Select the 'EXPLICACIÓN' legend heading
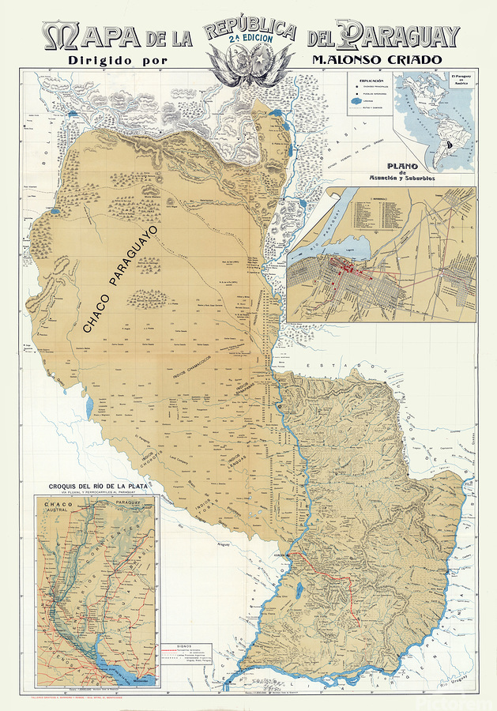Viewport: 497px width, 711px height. point(370,81)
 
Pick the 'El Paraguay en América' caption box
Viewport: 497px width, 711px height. point(460,80)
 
